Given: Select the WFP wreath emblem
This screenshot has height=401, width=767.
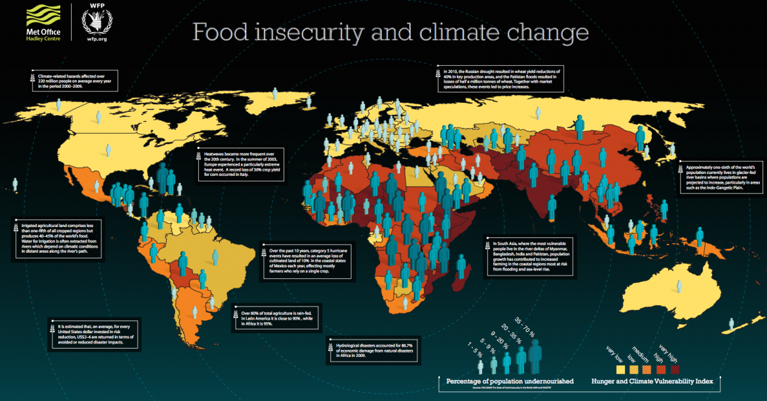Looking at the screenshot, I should (97, 22).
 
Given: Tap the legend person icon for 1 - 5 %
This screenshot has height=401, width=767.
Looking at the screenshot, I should (481, 367).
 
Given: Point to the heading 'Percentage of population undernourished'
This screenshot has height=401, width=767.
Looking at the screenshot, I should (505, 381).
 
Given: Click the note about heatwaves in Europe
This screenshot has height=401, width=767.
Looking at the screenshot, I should (238, 164).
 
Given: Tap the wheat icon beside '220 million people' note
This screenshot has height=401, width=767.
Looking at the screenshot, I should (32, 80).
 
